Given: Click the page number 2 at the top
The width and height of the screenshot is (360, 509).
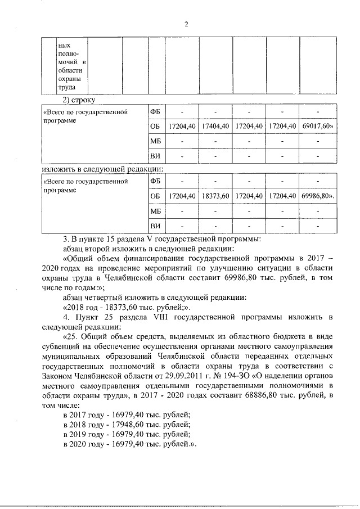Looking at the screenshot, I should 186,24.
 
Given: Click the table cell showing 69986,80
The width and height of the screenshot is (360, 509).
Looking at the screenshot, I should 318,196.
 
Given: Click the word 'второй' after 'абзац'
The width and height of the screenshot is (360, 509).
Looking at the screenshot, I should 102,246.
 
